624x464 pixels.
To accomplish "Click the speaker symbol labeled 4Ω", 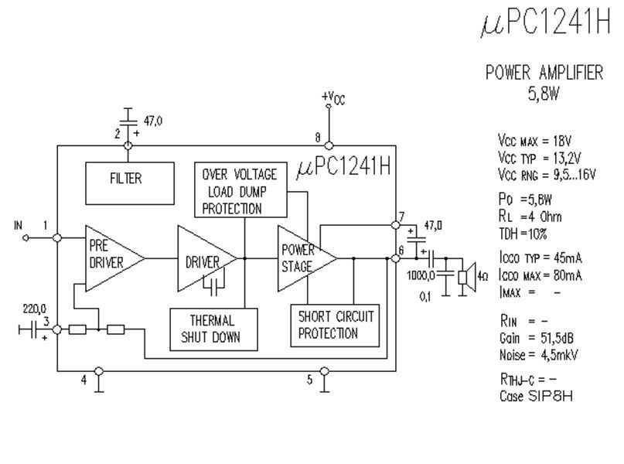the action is [467, 277].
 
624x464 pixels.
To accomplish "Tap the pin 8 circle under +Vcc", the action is [329, 145].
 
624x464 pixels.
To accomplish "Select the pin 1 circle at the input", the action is [57, 238].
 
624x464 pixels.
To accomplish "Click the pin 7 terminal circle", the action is [396, 225].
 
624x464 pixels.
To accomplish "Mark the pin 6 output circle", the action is [396, 258].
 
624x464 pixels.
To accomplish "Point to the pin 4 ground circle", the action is [99, 371].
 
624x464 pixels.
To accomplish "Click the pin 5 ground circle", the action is [325, 371].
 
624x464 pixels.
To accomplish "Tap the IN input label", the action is [18, 226].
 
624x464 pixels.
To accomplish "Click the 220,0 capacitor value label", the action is [34, 309].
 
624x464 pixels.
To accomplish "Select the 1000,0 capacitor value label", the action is [421, 275].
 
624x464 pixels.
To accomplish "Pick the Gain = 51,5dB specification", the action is [537, 338].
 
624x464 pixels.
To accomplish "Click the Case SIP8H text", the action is [536, 396].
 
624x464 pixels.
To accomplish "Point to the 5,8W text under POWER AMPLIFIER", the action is [544, 94].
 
